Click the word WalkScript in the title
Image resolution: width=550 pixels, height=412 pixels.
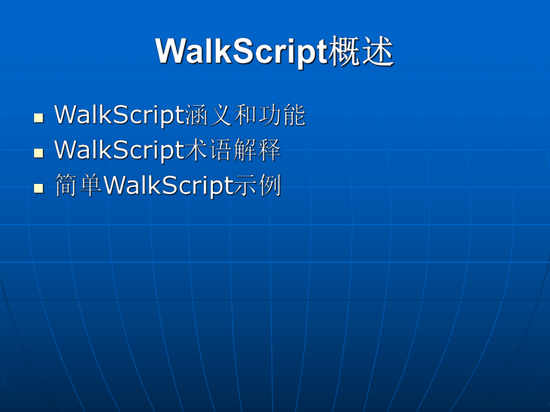point(242,53)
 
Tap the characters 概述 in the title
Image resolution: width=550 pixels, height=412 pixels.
point(361,53)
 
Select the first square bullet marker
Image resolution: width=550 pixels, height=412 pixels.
point(39,116)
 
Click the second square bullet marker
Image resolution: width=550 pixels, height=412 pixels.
point(39,152)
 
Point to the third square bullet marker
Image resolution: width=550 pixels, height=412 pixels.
point(39,188)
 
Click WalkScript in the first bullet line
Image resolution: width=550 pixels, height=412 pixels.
point(120,115)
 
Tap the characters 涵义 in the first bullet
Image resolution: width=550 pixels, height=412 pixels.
point(209,115)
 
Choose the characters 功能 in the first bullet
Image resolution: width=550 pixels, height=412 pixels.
point(282,115)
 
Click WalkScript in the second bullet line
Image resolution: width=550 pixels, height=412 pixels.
point(120,150)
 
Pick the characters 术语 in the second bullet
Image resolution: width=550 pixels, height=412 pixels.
point(209,150)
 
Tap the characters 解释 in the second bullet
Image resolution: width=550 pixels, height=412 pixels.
point(257,150)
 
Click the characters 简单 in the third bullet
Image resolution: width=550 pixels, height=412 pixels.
point(78,186)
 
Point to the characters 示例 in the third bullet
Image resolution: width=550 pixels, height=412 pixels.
point(258,186)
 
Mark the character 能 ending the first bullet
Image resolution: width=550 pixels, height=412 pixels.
point(294,115)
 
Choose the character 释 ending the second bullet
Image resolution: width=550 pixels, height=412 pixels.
point(269,150)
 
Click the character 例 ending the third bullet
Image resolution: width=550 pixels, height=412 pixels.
point(270,186)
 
